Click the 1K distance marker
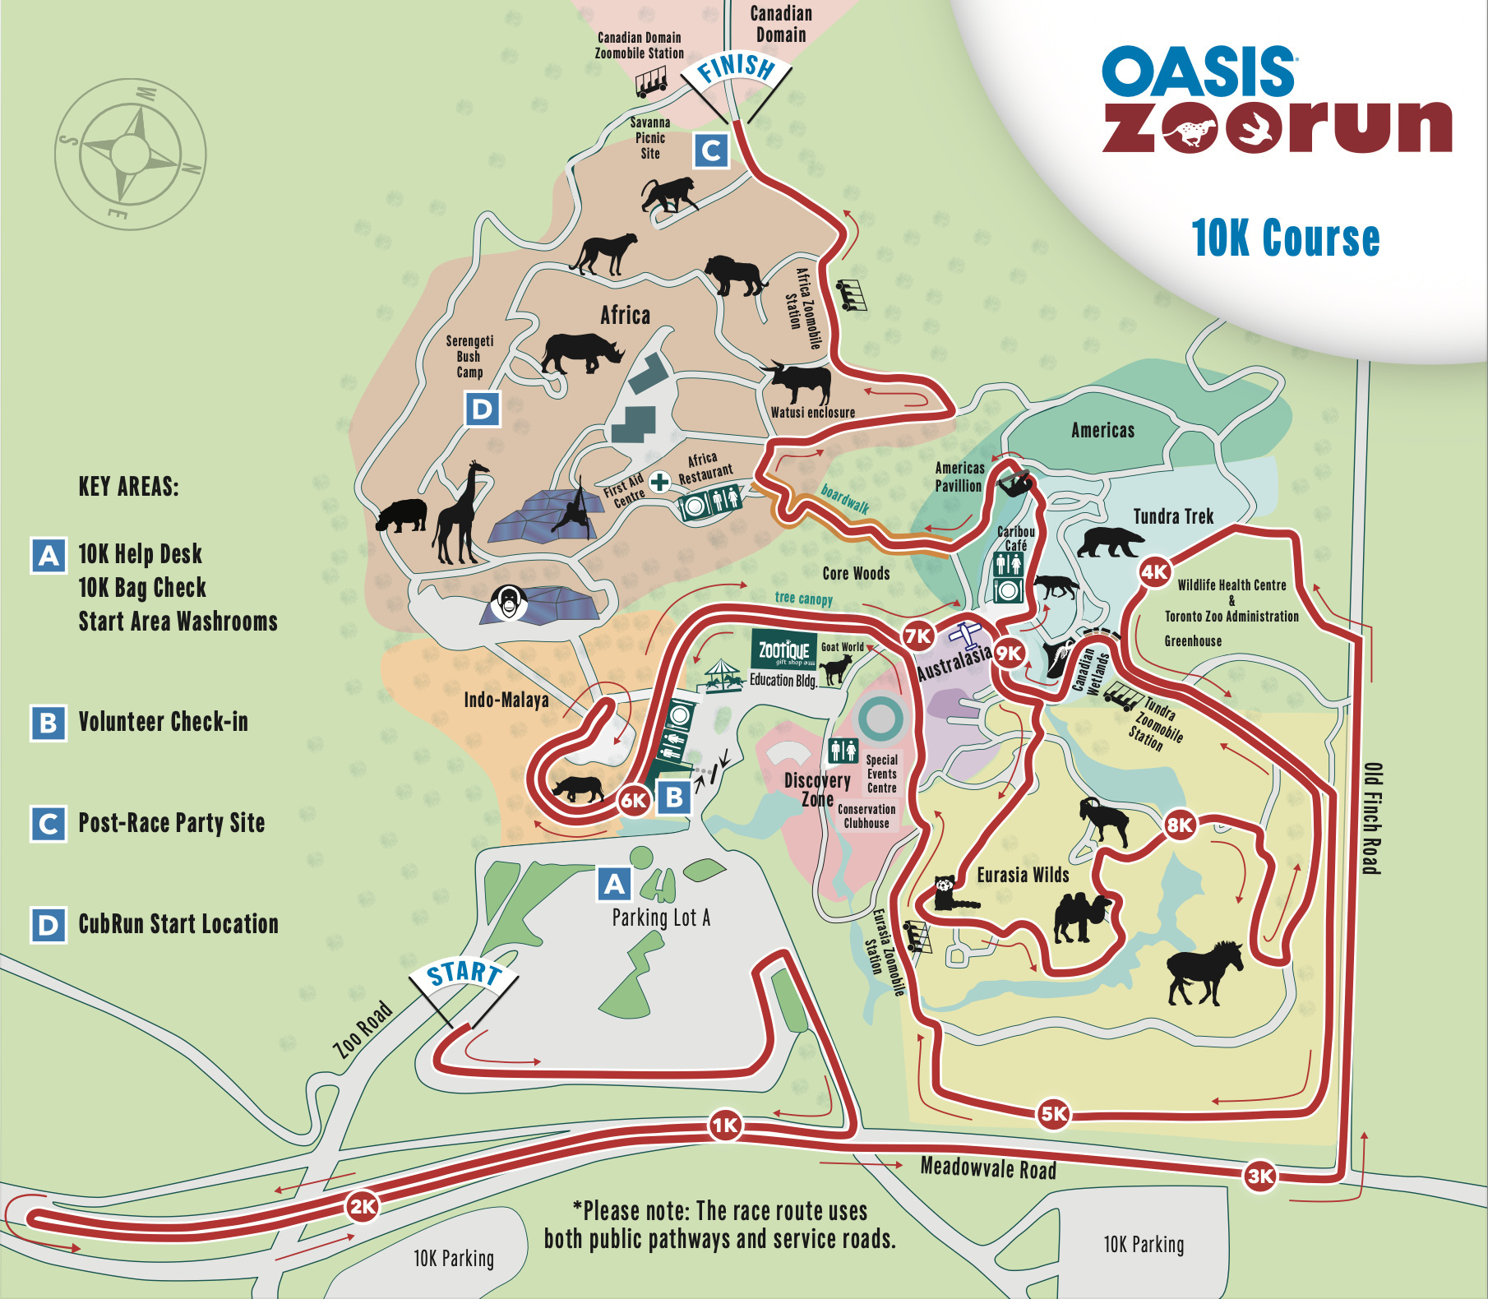pyautogui.click(x=725, y=1126)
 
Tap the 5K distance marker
pyautogui.click(x=1054, y=1113)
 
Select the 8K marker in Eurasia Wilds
pyautogui.click(x=1180, y=825)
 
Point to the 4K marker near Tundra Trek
pyautogui.click(x=1154, y=571)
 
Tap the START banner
pyautogui.click(x=464, y=973)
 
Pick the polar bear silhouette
pyautogui.click(x=1110, y=542)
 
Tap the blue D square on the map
pyautogui.click(x=482, y=409)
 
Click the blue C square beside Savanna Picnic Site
pyautogui.click(x=711, y=150)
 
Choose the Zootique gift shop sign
pyautogui.click(x=784, y=651)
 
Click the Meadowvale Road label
pyautogui.click(x=987, y=1167)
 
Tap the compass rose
pyautogui.click(x=130, y=154)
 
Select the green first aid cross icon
pyautogui.click(x=659, y=482)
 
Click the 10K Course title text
pyautogui.click(x=1285, y=238)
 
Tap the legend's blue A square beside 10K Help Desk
pyautogui.click(x=49, y=556)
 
